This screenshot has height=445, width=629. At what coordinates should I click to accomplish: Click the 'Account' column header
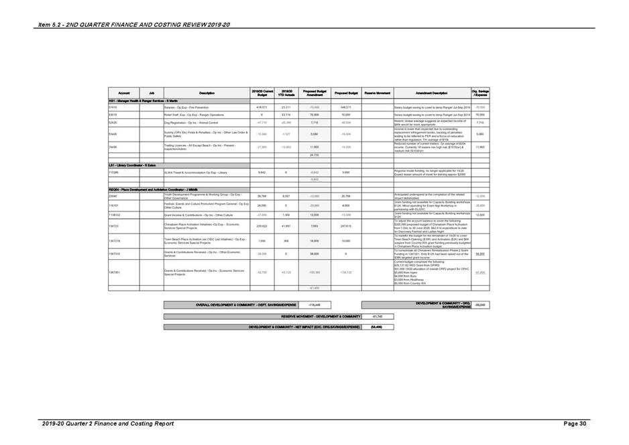tap(124, 93)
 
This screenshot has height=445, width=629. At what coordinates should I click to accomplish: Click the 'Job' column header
tap(152, 93)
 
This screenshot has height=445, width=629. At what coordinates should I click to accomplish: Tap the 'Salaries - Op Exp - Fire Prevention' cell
tap(191, 107)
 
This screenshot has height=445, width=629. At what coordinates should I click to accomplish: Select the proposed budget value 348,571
tap(346, 107)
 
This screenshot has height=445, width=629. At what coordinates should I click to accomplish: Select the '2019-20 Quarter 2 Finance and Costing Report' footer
tap(107, 424)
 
